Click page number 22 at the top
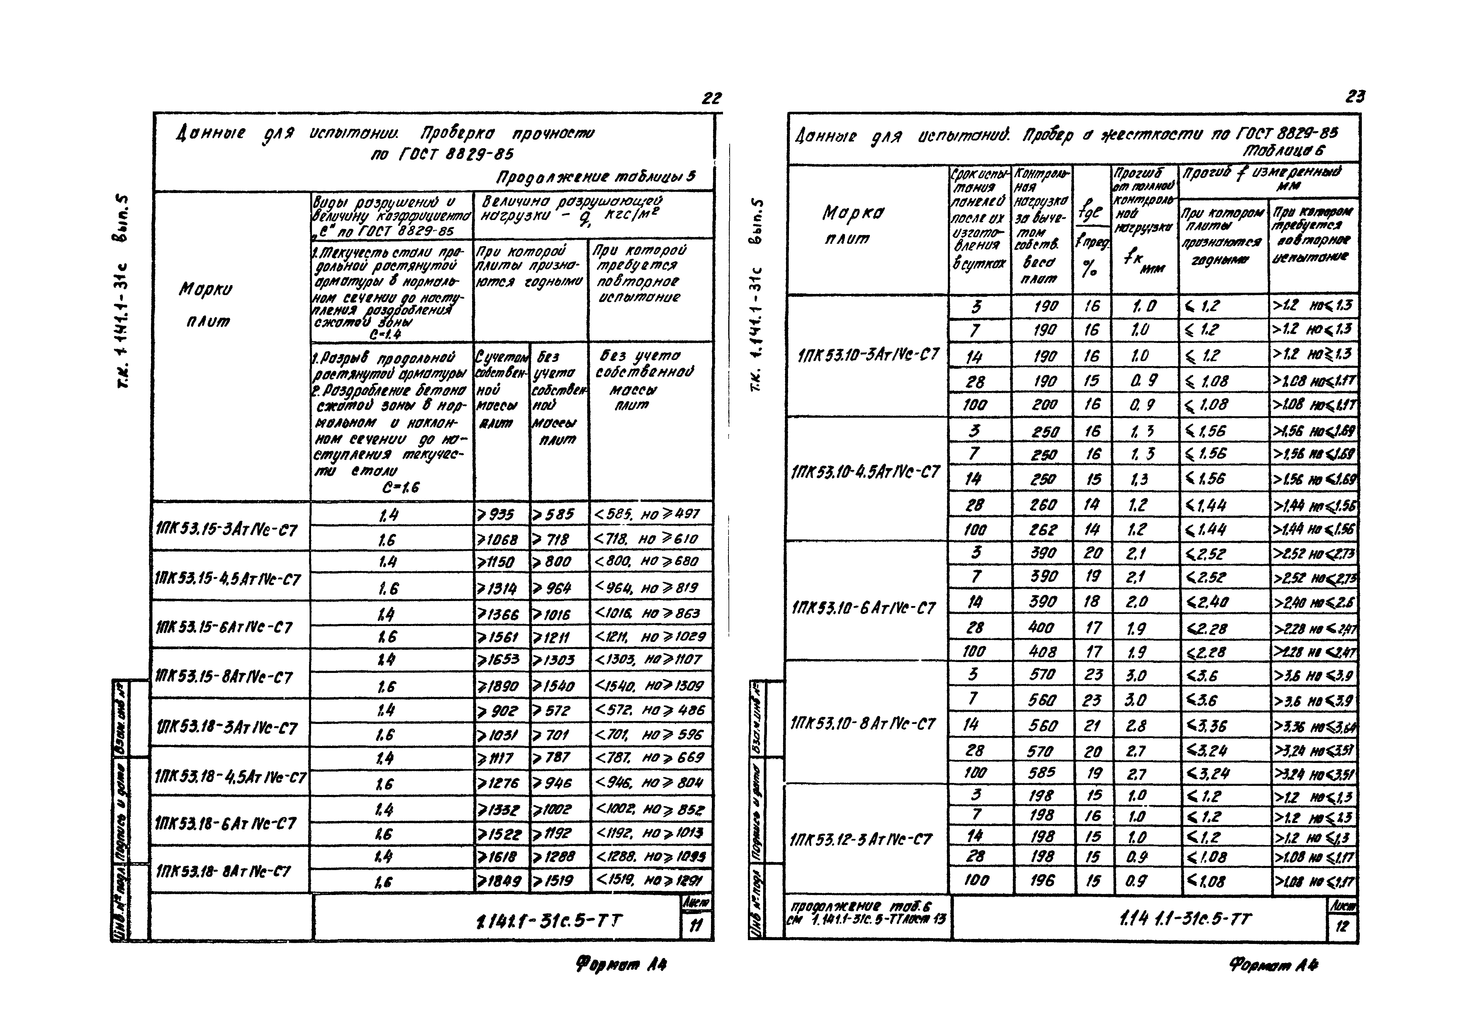point(712,98)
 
